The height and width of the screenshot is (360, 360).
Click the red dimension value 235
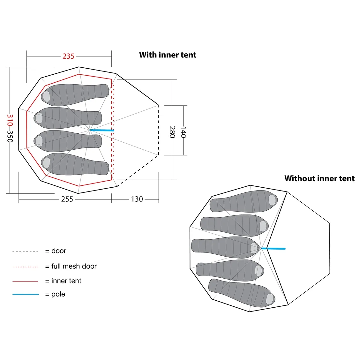pyautogui.click(x=68, y=56)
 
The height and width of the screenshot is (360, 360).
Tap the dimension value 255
pyautogui.click(x=67, y=199)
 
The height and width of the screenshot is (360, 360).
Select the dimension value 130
pyautogui.click(x=137, y=199)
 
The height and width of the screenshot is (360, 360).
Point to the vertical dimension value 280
pyautogui.click(x=172, y=132)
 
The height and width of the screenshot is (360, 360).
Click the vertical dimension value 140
pyautogui.click(x=183, y=132)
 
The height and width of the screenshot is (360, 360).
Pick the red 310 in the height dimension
pyautogui.click(x=10, y=120)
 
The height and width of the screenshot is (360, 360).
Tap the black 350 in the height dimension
pyautogui.click(x=10, y=136)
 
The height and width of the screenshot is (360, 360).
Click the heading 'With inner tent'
pyautogui.click(x=168, y=55)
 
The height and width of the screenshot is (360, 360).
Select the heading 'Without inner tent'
pyautogui.click(x=319, y=178)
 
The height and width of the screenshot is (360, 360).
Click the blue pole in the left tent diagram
pyautogui.click(x=102, y=130)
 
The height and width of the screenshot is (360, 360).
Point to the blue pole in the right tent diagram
pyautogui.click(x=273, y=248)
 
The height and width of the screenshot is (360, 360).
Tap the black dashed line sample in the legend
pyautogui.click(x=25, y=252)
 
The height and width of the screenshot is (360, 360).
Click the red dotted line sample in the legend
pyautogui.click(x=25, y=267)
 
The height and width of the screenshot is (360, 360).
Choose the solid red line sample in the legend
pyautogui.click(x=25, y=281)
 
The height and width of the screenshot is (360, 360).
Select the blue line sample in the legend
pyautogui.click(x=26, y=294)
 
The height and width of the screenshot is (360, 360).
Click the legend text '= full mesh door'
pyautogui.click(x=71, y=266)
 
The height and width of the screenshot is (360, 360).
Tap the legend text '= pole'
pyautogui.click(x=55, y=294)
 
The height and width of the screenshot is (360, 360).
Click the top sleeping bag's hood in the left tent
pyautogui.click(x=46, y=96)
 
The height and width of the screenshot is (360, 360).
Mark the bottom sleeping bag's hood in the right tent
pyautogui.click(x=270, y=299)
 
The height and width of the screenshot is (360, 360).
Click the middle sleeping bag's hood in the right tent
pyautogui.click(x=254, y=248)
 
